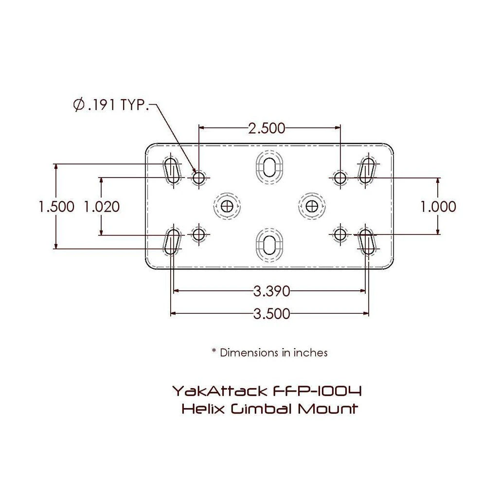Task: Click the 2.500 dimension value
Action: pyautogui.click(x=266, y=128)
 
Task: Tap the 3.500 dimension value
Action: pyautogui.click(x=271, y=314)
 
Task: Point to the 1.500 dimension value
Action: pyautogui.click(x=56, y=207)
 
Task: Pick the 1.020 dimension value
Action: pyautogui.click(x=102, y=207)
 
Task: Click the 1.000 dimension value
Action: pyautogui.click(x=439, y=207)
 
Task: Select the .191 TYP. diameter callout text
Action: pyautogui.click(x=117, y=105)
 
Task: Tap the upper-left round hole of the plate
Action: pyautogui.click(x=198, y=178)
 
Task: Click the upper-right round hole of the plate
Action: pyautogui.click(x=340, y=178)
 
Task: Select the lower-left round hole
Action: pyautogui.click(x=198, y=235)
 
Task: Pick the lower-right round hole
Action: pyautogui.click(x=340, y=235)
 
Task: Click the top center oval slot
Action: pyautogui.click(x=269, y=166)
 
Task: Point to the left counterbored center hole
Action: pyautogui.click(x=227, y=207)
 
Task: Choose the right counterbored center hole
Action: pyautogui.click(x=312, y=207)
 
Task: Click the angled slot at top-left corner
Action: pyautogui.click(x=172, y=170)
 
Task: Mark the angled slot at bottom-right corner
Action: pyautogui.click(x=368, y=242)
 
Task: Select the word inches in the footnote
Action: pyautogui.click(x=310, y=352)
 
